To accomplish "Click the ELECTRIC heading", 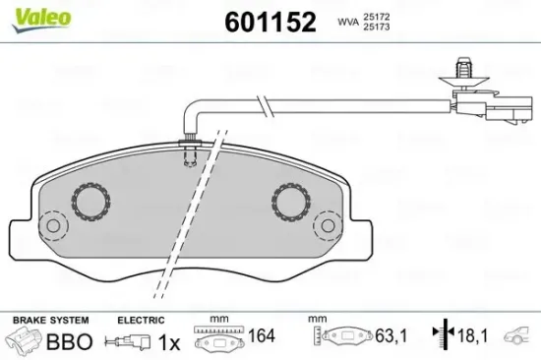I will click(141, 321).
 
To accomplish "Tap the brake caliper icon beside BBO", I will click(26, 341).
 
